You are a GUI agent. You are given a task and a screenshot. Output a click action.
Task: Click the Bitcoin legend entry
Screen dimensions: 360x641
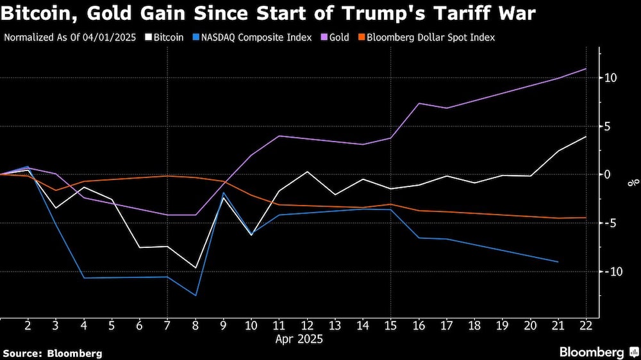[x=165, y=37]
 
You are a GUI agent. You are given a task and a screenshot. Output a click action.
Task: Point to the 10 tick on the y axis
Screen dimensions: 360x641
[x=610, y=78]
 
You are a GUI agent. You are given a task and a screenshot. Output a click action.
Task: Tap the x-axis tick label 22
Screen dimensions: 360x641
[x=586, y=325]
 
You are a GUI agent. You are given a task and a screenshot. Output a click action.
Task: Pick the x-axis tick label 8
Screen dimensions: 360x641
[x=196, y=325]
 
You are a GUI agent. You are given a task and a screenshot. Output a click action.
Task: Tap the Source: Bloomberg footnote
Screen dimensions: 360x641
[x=53, y=353]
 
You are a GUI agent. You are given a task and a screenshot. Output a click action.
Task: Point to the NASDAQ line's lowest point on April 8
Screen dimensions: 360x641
[x=196, y=295]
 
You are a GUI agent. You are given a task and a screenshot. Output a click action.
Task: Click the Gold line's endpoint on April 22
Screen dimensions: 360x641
[x=586, y=69]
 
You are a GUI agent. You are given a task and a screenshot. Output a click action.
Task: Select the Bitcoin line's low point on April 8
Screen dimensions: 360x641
[x=196, y=268]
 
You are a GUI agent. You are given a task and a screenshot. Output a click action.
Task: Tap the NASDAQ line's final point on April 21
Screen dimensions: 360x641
[x=558, y=262]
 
